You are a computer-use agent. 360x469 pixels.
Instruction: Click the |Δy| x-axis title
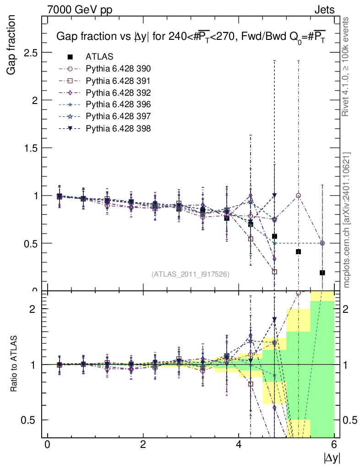coord(332,458)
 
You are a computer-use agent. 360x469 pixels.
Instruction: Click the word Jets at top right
coord(324,9)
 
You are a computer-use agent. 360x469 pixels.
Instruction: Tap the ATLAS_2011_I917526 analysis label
coord(191,274)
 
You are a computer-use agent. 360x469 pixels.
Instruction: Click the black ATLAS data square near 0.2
coord(322,273)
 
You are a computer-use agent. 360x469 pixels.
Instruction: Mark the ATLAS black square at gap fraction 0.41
coord(298,251)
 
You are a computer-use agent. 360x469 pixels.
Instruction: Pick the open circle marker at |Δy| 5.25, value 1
coord(298,196)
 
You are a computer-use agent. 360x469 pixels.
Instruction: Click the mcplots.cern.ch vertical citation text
coord(347,220)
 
